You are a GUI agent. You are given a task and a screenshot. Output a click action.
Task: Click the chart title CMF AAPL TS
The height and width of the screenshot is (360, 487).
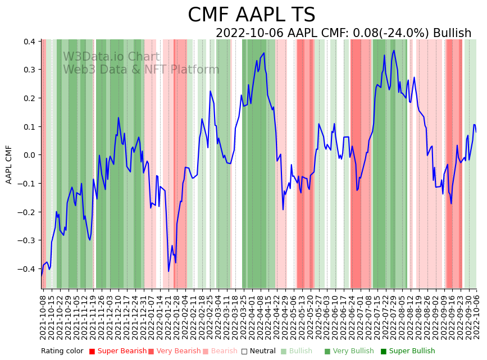tap(251, 15)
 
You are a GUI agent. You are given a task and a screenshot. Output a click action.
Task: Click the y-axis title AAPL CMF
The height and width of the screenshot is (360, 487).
tap(9, 164)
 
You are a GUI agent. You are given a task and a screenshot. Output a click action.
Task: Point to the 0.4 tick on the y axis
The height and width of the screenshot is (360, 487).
tap(30, 42)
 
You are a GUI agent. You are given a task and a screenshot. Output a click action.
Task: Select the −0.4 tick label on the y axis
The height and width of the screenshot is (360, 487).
tap(28, 269)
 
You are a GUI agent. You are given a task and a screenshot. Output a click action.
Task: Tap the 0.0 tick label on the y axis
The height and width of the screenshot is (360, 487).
tap(30, 155)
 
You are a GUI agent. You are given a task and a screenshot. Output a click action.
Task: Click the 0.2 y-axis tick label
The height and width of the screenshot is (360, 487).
tap(30, 98)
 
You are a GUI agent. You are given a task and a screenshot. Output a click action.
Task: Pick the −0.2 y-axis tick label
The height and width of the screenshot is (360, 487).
tap(28, 212)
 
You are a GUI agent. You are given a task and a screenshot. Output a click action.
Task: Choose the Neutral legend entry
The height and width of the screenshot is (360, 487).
tap(260, 351)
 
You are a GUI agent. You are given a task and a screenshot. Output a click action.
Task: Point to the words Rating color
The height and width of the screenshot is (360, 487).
tap(62, 351)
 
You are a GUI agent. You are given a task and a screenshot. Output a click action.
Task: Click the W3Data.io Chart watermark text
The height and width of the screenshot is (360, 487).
tap(111, 57)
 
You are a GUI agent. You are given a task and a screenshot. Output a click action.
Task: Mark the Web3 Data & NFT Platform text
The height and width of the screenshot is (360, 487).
tap(141, 70)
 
